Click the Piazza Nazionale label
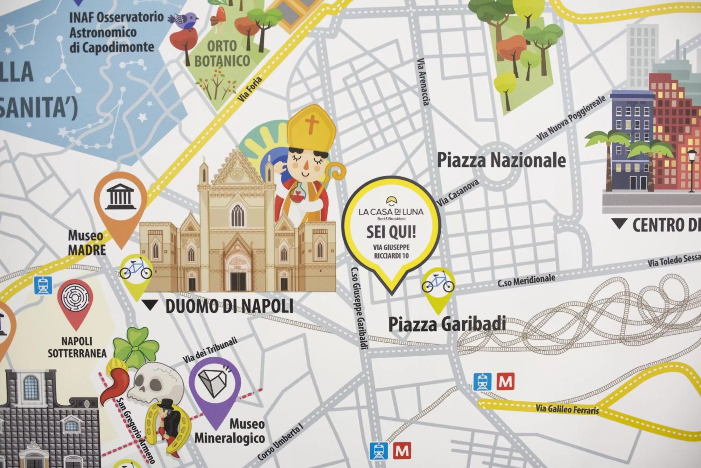[501, 160]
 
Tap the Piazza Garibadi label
[447, 324]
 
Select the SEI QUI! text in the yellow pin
[391, 232]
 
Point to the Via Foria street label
[250, 89]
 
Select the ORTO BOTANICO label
[222, 54]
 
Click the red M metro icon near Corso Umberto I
[402, 451]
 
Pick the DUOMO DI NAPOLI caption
[229, 306]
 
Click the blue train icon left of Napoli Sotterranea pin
[43, 285]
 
